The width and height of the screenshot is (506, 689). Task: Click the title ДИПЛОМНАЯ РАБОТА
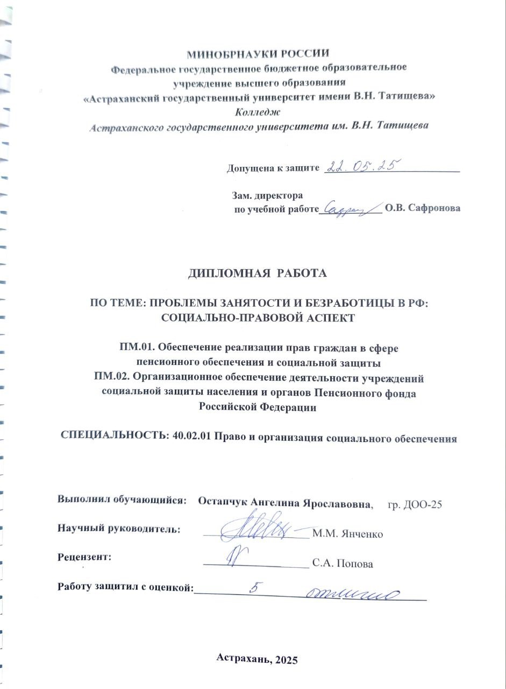tap(257, 273)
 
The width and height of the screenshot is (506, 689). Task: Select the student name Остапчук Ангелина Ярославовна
tap(285, 504)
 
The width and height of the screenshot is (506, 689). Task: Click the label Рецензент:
tap(84, 558)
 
